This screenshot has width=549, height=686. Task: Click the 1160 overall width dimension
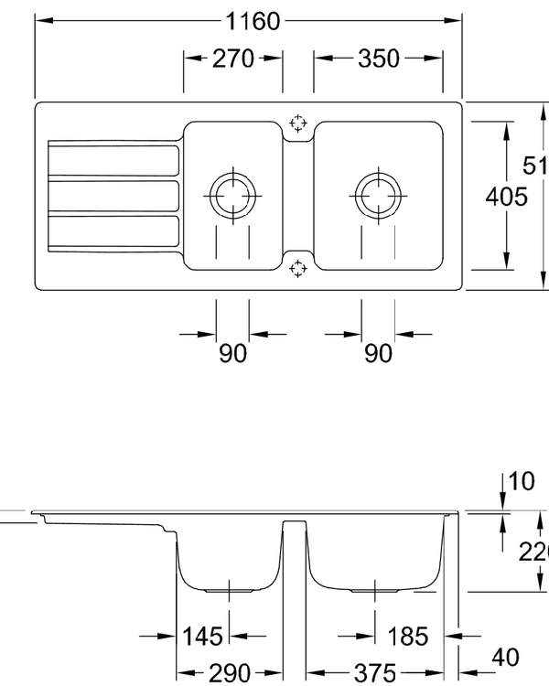click(248, 21)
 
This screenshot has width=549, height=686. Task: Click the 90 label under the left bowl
click(232, 353)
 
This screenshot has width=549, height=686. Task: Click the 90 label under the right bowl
click(378, 353)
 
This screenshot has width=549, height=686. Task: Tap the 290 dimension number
click(229, 674)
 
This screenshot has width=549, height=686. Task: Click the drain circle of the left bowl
click(233, 195)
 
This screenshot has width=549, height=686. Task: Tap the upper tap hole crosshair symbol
click(297, 123)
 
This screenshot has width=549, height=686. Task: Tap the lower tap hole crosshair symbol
click(297, 268)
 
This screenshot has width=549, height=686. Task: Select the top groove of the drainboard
click(112, 158)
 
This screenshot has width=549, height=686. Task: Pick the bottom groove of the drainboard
click(112, 232)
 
